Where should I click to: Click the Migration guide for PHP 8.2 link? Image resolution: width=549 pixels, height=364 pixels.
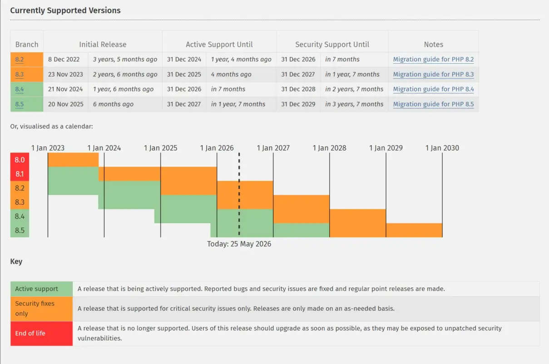[433, 60]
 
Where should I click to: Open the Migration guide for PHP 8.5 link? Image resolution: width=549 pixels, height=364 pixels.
[433, 104]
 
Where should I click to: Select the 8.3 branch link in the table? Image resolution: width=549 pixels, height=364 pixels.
[20, 74]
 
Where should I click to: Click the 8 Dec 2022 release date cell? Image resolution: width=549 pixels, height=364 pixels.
[64, 60]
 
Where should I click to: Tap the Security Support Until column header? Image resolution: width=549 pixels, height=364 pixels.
[332, 45]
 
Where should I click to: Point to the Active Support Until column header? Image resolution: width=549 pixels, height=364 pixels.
[219, 45]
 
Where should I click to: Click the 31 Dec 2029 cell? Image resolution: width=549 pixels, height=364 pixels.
[298, 104]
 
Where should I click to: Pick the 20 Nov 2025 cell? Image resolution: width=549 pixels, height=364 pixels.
[66, 104]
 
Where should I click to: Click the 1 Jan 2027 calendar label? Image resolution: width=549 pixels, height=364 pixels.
[273, 148]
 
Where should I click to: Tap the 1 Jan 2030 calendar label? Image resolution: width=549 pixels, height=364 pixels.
[442, 148]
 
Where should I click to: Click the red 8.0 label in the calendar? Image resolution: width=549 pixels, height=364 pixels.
[20, 160]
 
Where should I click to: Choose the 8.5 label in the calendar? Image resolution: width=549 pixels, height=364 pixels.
[20, 230]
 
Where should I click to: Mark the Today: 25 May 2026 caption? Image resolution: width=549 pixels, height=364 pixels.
[239, 244]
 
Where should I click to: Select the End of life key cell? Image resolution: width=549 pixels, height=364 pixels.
[41, 334]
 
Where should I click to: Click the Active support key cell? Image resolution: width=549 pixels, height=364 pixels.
[41, 289]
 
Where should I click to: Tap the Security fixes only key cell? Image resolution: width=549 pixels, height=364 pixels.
[41, 308]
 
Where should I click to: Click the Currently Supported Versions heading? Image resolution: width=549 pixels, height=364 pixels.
[65, 10]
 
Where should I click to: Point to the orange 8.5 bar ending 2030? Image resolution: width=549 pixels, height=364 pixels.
[414, 230]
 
